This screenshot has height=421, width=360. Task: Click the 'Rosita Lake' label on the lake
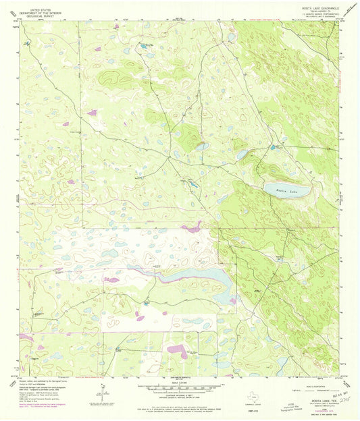286,191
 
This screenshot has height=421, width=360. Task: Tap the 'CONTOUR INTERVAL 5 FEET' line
180,399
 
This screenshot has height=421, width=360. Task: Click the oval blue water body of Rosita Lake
287,189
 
